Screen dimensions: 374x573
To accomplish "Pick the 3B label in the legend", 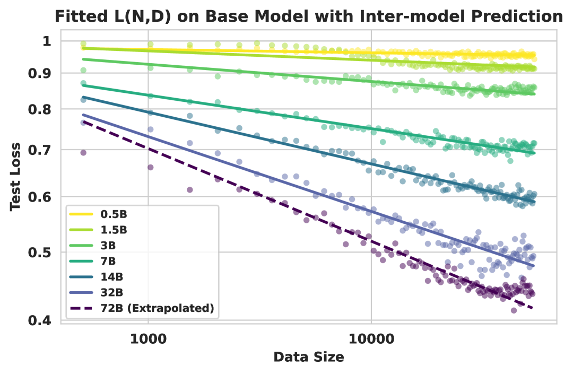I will pyautogui.click(x=108, y=246).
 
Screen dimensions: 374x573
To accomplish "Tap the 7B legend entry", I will pyautogui.click(x=108, y=261).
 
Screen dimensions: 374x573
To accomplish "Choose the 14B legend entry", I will pyautogui.click(x=111, y=277).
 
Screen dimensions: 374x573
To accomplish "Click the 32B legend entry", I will pyautogui.click(x=111, y=292).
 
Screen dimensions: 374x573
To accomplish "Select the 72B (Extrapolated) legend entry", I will pyautogui.click(x=157, y=308).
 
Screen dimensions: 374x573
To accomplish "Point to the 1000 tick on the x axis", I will pyautogui.click(x=147, y=337).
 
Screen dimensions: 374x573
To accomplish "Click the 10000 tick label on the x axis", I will pyautogui.click(x=371, y=337).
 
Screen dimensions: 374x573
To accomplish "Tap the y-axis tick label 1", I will pyautogui.click(x=47, y=41).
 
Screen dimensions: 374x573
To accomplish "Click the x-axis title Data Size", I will pyautogui.click(x=308, y=358).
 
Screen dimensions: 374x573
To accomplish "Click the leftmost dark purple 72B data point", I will pyautogui.click(x=83, y=153).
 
